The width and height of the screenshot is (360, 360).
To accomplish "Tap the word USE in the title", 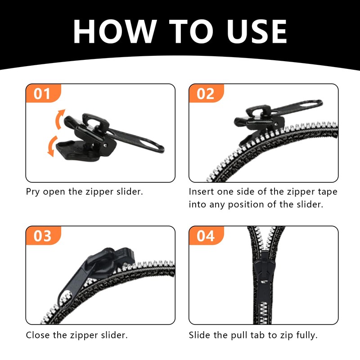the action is tap(256, 31).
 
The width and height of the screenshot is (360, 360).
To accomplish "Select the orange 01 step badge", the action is tap(43, 93).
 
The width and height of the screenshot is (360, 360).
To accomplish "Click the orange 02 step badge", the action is tap(206, 93).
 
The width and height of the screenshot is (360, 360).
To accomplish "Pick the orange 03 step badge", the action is tap(43, 235).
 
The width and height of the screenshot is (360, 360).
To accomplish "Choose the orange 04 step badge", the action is tap(206, 235).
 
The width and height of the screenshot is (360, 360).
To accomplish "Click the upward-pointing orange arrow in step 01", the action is tap(59, 119).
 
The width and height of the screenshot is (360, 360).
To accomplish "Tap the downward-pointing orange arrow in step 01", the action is tap(52, 146).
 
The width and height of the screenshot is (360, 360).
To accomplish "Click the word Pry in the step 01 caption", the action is tap(32, 192).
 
